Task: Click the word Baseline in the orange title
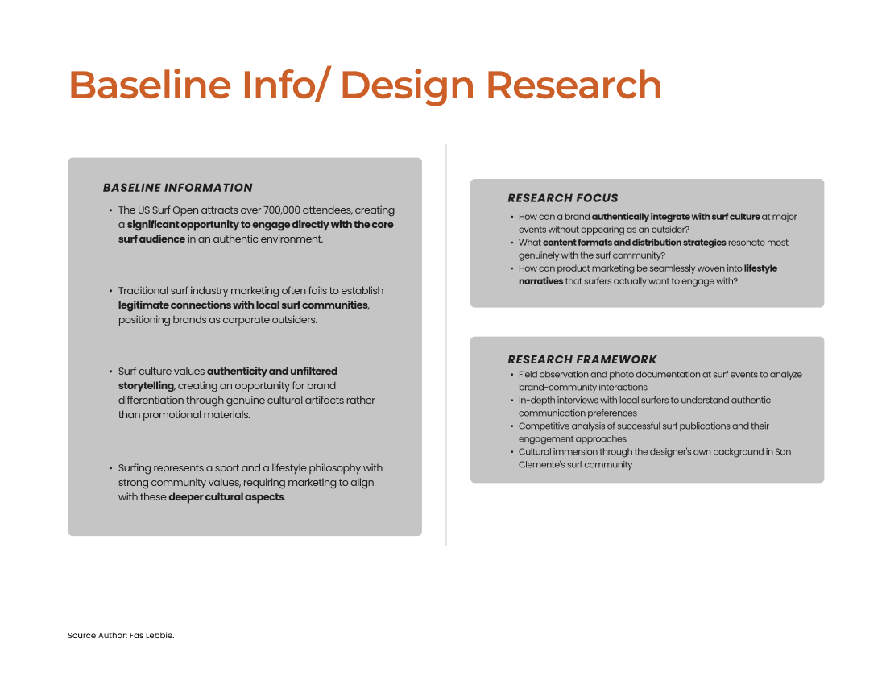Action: click(150, 85)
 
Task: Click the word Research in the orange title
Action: click(573, 85)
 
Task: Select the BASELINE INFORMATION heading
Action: click(177, 188)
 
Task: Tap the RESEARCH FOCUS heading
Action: click(563, 198)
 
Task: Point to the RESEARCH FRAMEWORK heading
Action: click(582, 359)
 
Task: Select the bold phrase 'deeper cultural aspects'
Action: click(226, 497)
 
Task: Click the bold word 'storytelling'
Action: click(146, 386)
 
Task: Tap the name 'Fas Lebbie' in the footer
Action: click(151, 635)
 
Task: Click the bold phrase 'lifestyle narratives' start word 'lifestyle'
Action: click(760, 268)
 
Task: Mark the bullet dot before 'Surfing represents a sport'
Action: click(110, 468)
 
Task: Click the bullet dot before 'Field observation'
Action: click(512, 375)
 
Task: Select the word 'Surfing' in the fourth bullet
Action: click(135, 468)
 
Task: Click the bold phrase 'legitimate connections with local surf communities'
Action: click(243, 305)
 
